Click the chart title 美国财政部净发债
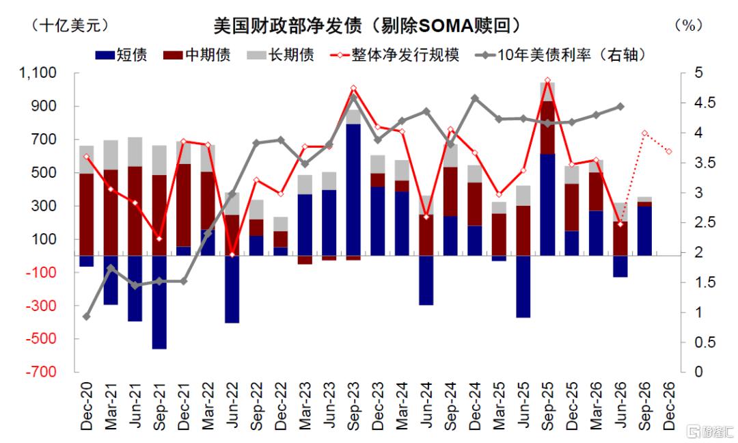pyautogui.click(x=288, y=25)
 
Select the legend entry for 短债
pyautogui.click(x=121, y=55)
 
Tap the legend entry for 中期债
pyautogui.click(x=197, y=55)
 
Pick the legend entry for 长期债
pyautogui.click(x=280, y=55)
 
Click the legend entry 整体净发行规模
pyautogui.click(x=395, y=55)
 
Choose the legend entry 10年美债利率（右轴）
pyautogui.click(x=560, y=55)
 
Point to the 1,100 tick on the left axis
pyautogui.click(x=38, y=72)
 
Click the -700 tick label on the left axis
pyautogui.click(x=41, y=371)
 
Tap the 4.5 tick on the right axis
pyautogui.click(x=705, y=103)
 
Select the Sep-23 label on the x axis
pyautogui.click(x=353, y=405)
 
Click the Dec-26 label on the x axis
pyautogui.click(x=669, y=405)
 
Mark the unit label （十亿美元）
pyautogui.click(x=70, y=25)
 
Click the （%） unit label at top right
pyautogui.click(x=689, y=25)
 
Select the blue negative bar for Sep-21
pyautogui.click(x=159, y=302)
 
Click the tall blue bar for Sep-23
pyautogui.click(x=353, y=190)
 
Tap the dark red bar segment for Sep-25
pyautogui.click(x=547, y=128)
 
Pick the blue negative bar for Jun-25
pyautogui.click(x=523, y=286)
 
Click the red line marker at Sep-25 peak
pyautogui.click(x=547, y=81)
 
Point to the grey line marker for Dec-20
pyautogui.click(x=86, y=317)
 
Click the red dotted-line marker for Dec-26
pyautogui.click(x=669, y=151)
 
